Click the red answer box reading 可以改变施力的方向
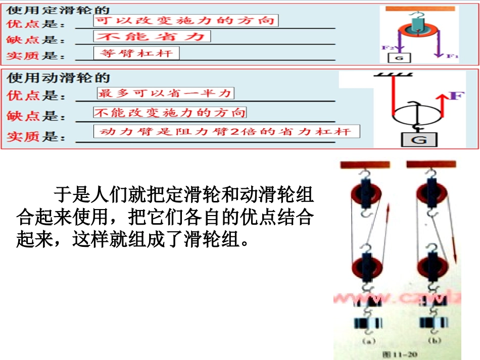[x=185, y=20]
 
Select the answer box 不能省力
[x=152, y=36]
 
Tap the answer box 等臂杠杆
[x=136, y=53]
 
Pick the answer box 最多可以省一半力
[x=165, y=93]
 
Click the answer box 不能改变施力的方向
[x=170, y=113]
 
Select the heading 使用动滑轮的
[x=58, y=79]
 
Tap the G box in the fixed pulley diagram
[x=399, y=58]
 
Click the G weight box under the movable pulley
[x=419, y=140]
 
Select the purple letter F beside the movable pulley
[x=456, y=95]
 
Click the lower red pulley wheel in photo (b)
[x=429, y=264]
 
